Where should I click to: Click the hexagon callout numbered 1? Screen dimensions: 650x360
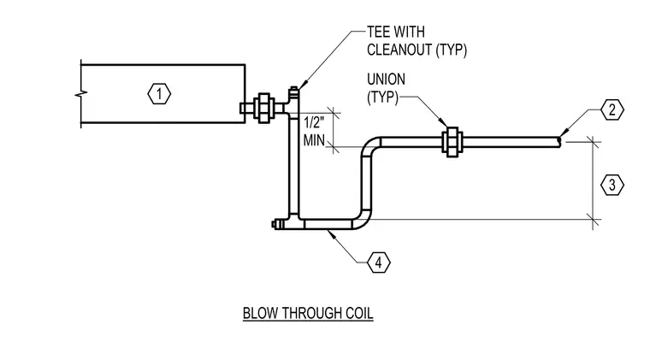point(159,94)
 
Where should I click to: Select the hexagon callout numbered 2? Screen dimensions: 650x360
point(612,109)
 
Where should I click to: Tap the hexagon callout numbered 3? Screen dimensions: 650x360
point(612,185)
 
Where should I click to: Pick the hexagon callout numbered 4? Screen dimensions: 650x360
point(379,263)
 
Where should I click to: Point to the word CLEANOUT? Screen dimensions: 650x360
point(399,50)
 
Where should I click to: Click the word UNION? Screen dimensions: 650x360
point(386,80)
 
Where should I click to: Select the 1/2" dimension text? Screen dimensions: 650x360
point(314,122)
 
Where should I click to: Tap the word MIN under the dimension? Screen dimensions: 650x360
point(314,140)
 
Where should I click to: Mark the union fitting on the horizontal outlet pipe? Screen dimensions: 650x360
point(452,142)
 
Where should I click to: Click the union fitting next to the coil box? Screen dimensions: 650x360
point(264,108)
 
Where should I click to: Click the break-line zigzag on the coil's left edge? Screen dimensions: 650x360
point(81,94)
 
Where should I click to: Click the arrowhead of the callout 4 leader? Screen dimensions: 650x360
point(330,233)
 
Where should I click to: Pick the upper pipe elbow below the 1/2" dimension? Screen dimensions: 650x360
point(371,146)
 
